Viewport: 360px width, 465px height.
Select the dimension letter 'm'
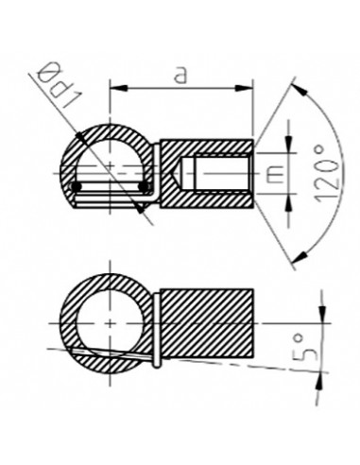coord(271,172)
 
